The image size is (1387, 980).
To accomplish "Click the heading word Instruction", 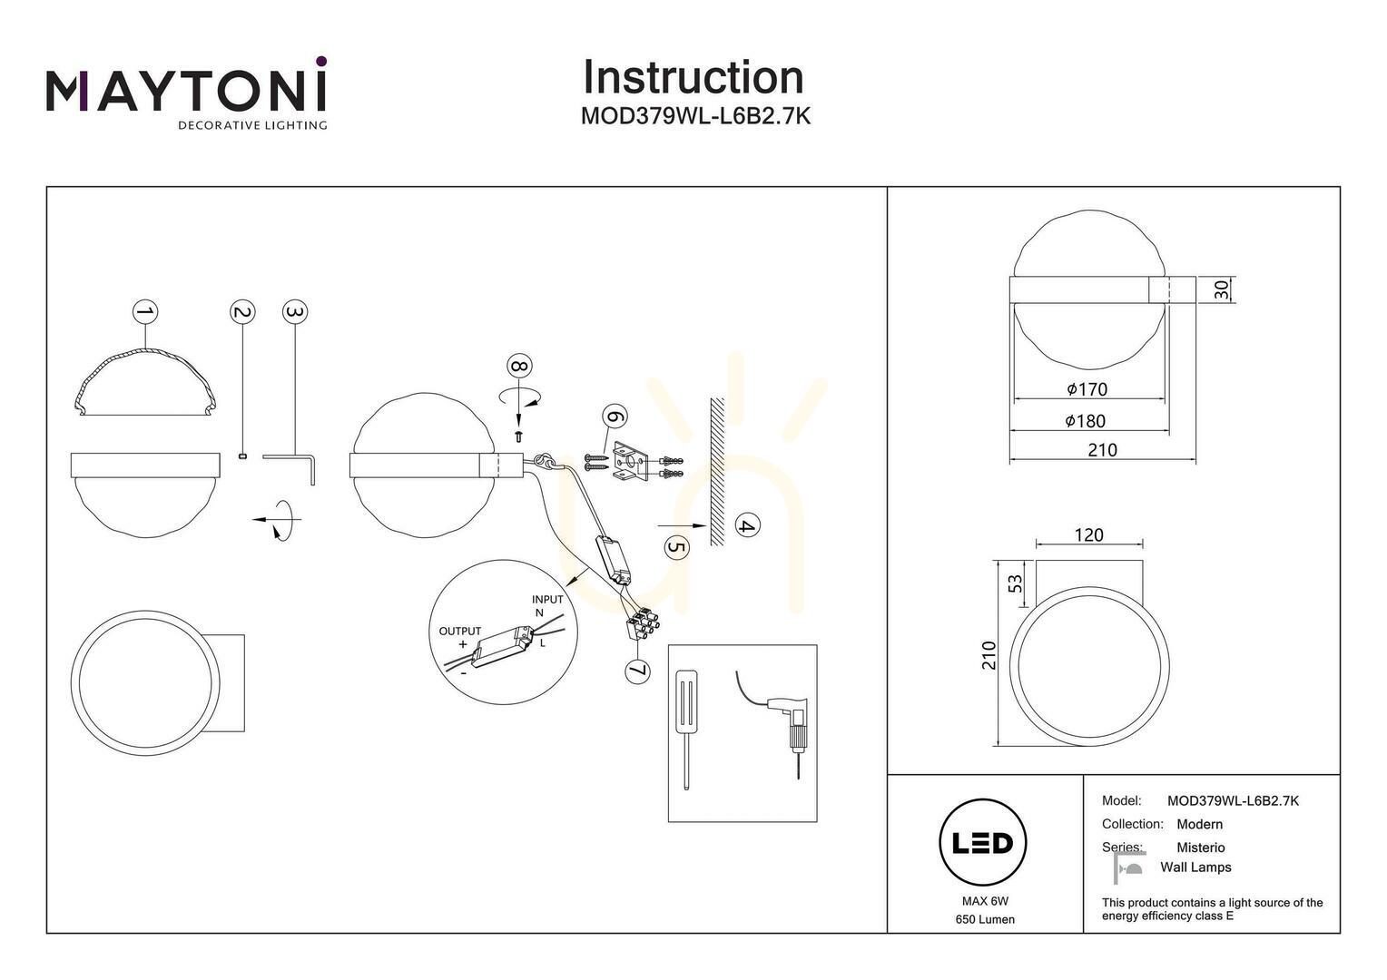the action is click(x=693, y=77).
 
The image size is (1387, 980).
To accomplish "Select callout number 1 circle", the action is click(x=145, y=311).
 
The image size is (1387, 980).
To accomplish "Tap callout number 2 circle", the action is click(x=242, y=312).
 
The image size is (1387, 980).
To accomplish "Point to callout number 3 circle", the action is click(x=295, y=312).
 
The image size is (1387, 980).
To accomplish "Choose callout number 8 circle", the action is click(x=519, y=366).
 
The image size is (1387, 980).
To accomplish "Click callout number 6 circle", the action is click(x=615, y=416).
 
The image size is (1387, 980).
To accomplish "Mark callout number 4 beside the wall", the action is click(x=747, y=525).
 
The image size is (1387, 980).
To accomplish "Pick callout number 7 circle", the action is click(x=638, y=671).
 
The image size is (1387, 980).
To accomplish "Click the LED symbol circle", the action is click(x=983, y=843).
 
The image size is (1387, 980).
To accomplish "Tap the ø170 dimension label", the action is click(x=1087, y=389).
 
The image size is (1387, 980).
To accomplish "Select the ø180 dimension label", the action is click(x=1086, y=421).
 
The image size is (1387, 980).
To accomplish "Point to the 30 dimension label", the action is click(x=1221, y=289).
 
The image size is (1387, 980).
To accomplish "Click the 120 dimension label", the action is click(x=1088, y=534).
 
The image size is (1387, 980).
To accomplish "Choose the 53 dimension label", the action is click(x=1016, y=583).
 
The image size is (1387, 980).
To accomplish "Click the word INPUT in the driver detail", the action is click(x=547, y=599).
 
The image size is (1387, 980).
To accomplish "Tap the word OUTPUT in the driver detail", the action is click(x=459, y=631).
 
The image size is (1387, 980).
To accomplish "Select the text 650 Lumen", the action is click(x=985, y=919).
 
